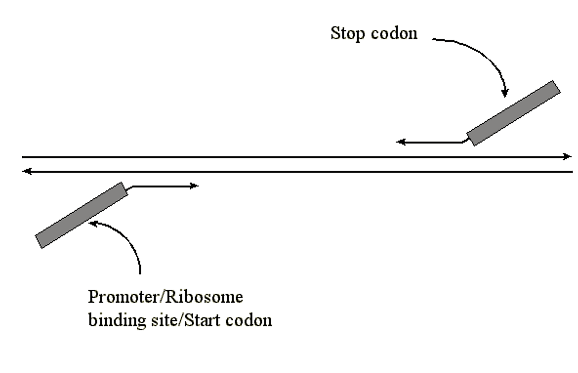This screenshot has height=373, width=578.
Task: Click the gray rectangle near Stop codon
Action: (513, 113)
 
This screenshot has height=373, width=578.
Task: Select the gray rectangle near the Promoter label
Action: (81, 215)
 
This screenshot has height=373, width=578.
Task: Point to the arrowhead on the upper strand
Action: (567, 157)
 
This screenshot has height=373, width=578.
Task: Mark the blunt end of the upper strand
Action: (23, 157)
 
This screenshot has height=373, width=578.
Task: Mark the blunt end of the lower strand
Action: (572, 172)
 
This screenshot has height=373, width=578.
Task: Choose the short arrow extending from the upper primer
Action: (430, 142)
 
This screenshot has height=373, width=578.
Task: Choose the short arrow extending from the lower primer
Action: (164, 186)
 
